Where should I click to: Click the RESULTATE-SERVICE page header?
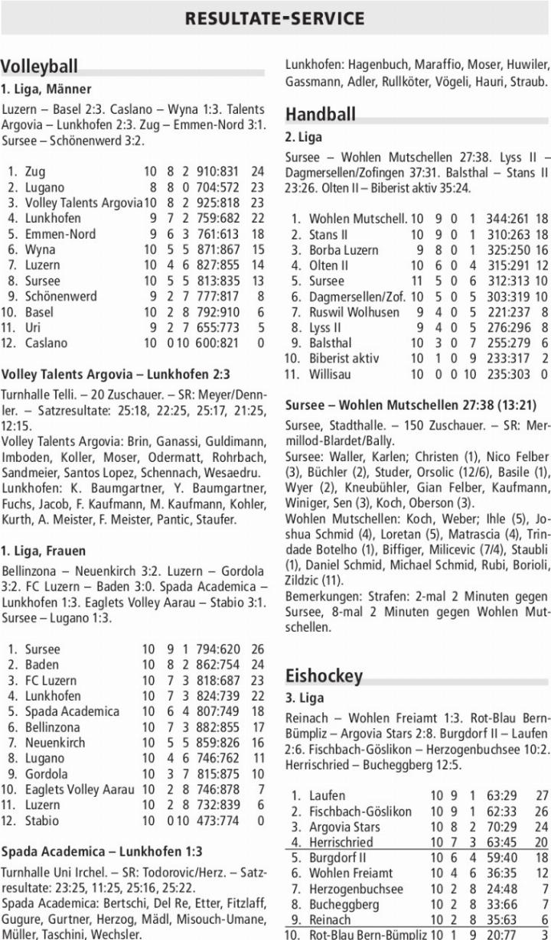(275, 18)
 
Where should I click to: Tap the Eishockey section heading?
(323, 675)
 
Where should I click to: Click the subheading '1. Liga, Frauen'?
(44, 551)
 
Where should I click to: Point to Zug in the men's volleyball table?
(35, 172)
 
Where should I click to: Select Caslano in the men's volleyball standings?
(46, 343)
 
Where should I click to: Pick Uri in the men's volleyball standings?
(34, 328)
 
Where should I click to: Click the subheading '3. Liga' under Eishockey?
(304, 698)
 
